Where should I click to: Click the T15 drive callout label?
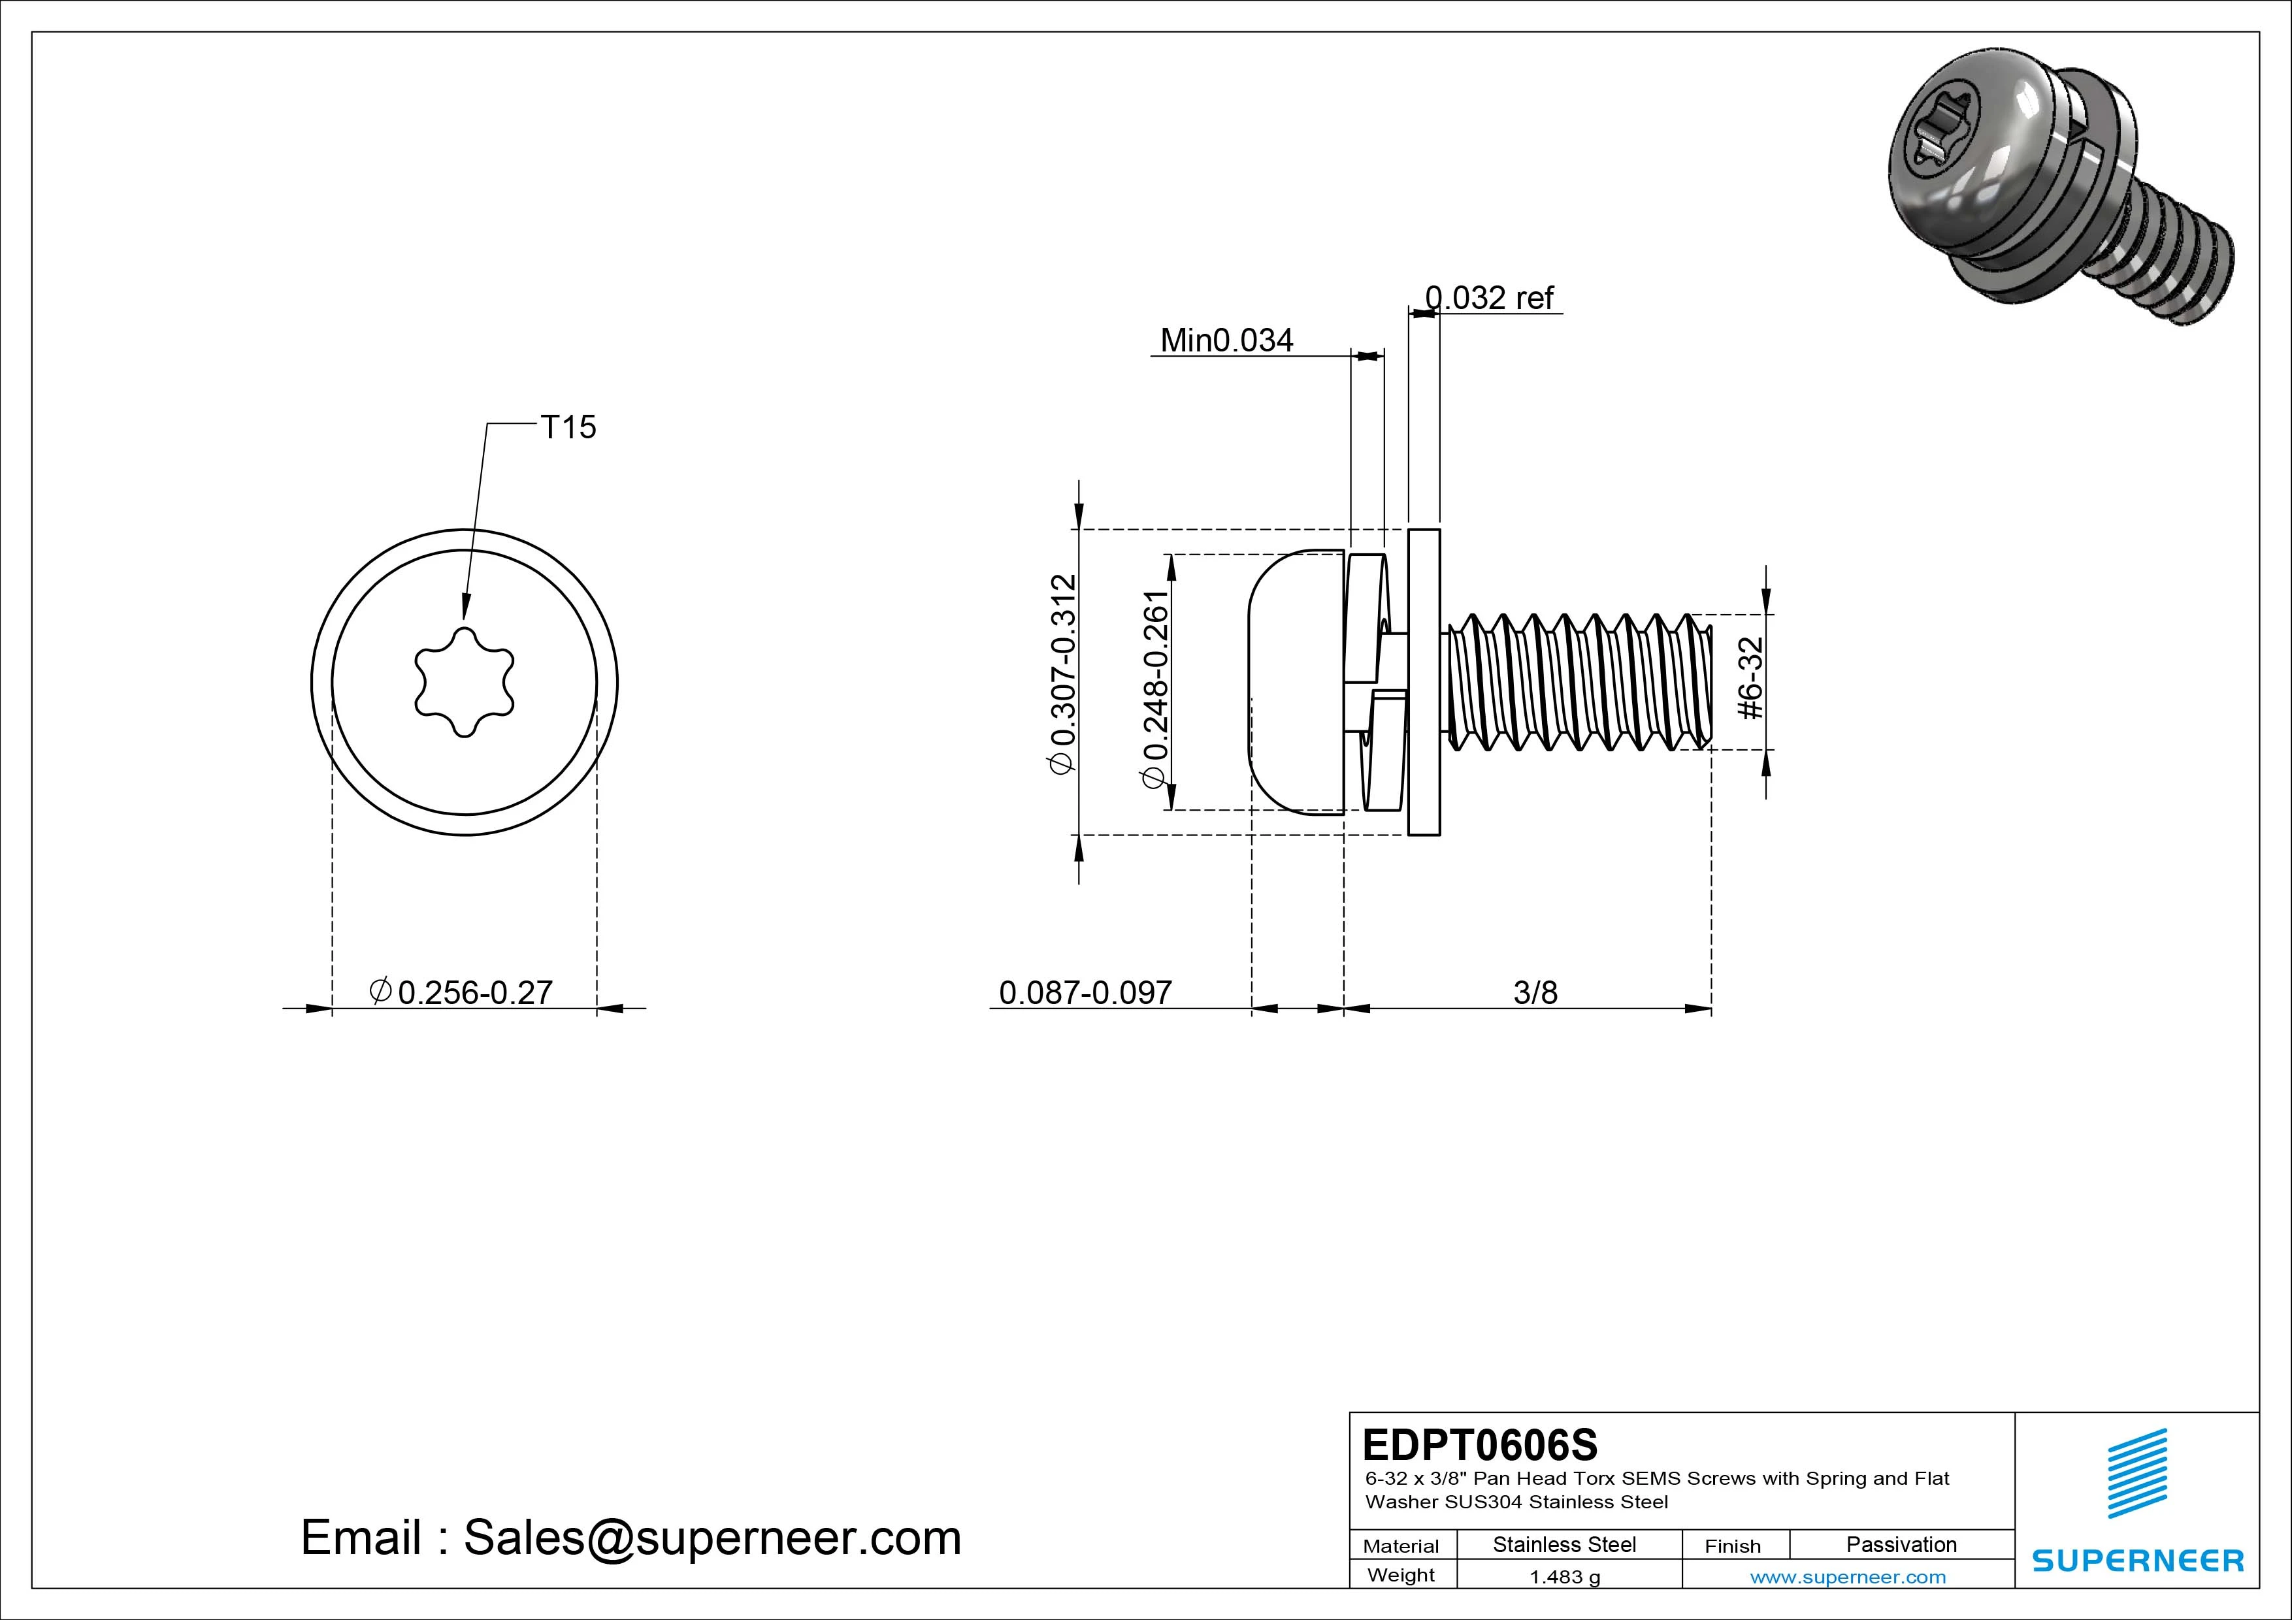(567, 427)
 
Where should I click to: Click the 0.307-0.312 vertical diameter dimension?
(1063, 673)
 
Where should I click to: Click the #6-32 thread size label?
(1752, 678)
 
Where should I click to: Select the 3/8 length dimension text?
(1534, 992)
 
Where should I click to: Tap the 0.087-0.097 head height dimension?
(1085, 992)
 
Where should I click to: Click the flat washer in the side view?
(1424, 682)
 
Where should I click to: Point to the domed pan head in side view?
(1296, 682)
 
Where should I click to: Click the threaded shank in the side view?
(1577, 682)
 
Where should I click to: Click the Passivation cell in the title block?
(1901, 1545)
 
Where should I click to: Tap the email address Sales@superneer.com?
(711, 1538)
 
